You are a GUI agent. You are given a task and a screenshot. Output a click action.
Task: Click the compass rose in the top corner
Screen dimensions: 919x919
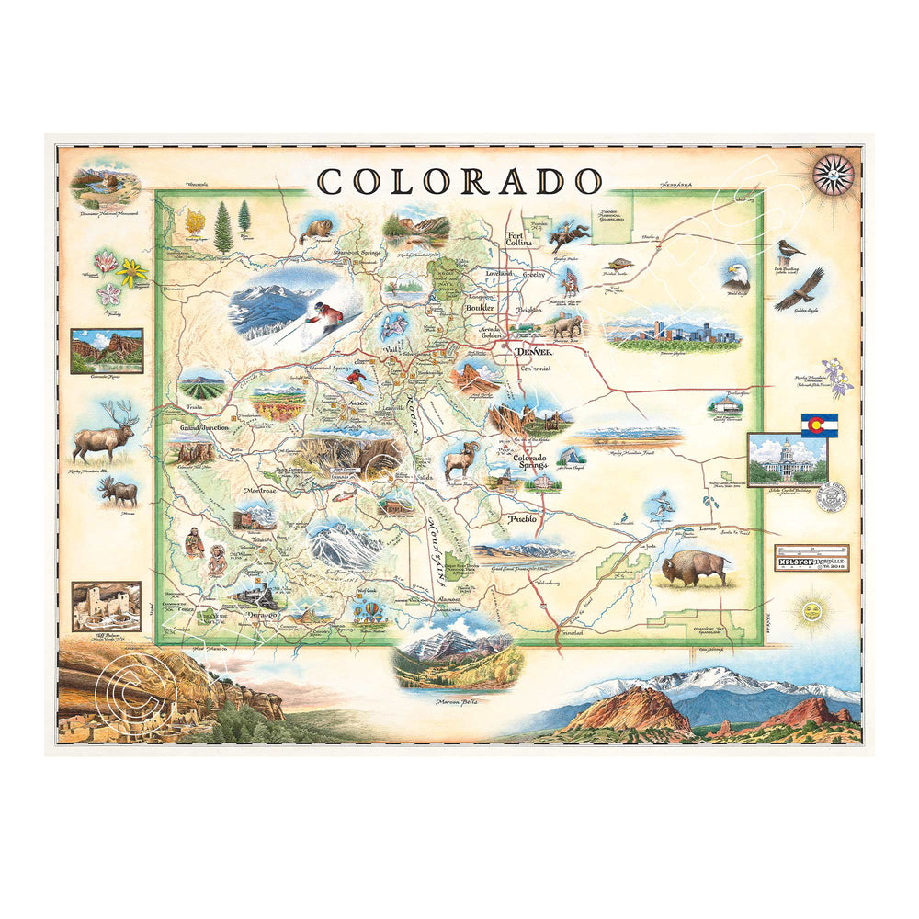[834, 175]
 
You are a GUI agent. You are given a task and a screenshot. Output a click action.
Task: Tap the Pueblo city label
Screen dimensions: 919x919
[516, 519]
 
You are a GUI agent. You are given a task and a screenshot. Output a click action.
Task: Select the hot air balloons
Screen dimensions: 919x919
[369, 609]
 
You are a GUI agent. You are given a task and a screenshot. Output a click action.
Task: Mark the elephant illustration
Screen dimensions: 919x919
[564, 324]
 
